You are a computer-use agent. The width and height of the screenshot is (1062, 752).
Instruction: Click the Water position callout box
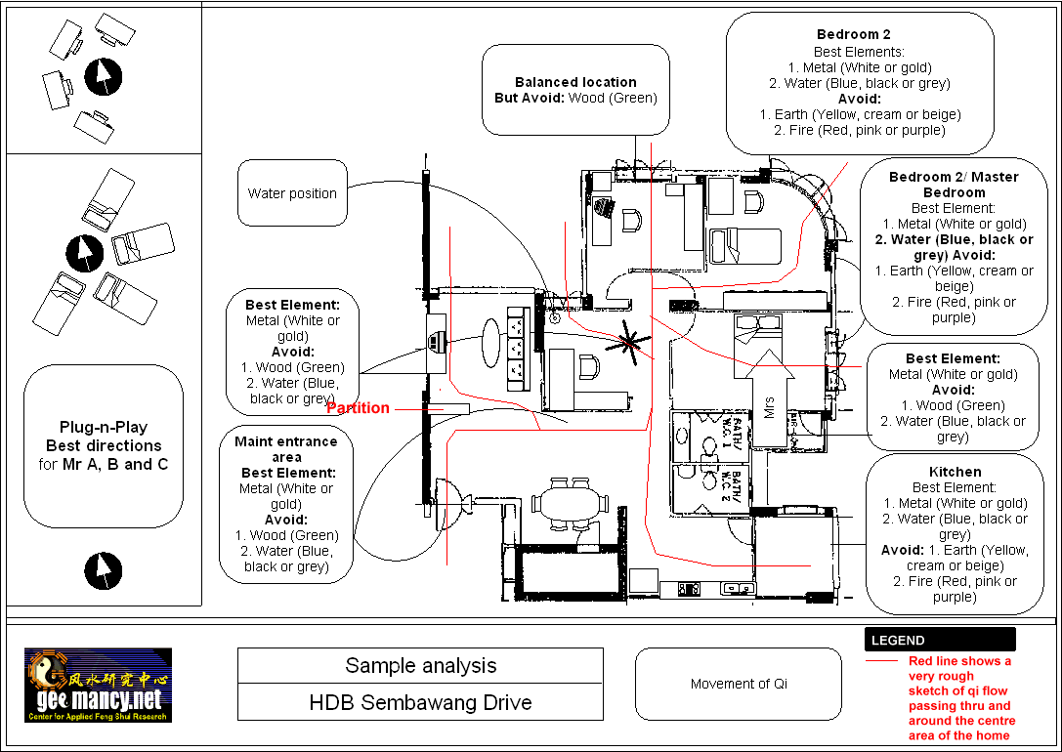pyautogui.click(x=292, y=193)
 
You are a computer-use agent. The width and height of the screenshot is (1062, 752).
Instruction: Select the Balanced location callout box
pyautogui.click(x=575, y=90)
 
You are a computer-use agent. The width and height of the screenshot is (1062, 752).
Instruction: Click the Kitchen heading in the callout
pyautogui.click(x=955, y=472)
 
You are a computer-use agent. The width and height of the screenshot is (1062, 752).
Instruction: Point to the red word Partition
pyautogui.click(x=358, y=408)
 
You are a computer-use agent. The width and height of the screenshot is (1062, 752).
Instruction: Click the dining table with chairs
pyautogui.click(x=577, y=503)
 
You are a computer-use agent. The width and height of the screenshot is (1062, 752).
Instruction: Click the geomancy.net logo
pyautogui.click(x=98, y=685)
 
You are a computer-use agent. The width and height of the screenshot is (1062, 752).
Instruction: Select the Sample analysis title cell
pyautogui.click(x=420, y=666)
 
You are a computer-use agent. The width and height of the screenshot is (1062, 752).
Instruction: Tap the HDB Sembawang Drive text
pyautogui.click(x=420, y=702)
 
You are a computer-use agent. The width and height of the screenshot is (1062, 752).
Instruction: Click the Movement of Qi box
pyautogui.click(x=738, y=684)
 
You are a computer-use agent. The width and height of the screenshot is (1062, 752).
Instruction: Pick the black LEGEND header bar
pyautogui.click(x=939, y=641)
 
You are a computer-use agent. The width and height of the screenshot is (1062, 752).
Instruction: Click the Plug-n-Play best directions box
pyautogui.click(x=104, y=447)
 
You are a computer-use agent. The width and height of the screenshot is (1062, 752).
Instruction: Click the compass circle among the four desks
pyautogui.click(x=103, y=76)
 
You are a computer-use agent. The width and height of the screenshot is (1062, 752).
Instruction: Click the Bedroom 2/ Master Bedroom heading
pyautogui.click(x=954, y=185)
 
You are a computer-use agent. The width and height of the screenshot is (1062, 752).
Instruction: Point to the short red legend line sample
pyautogui.click(x=881, y=661)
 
